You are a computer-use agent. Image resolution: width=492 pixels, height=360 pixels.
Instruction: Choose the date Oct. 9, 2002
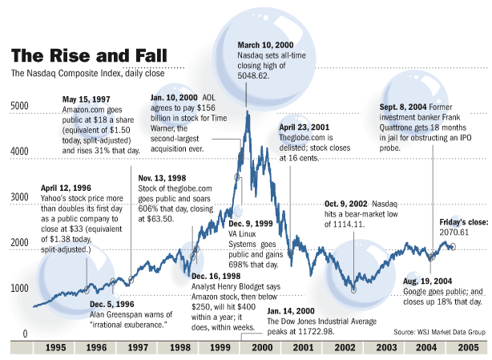(x=346, y=204)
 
